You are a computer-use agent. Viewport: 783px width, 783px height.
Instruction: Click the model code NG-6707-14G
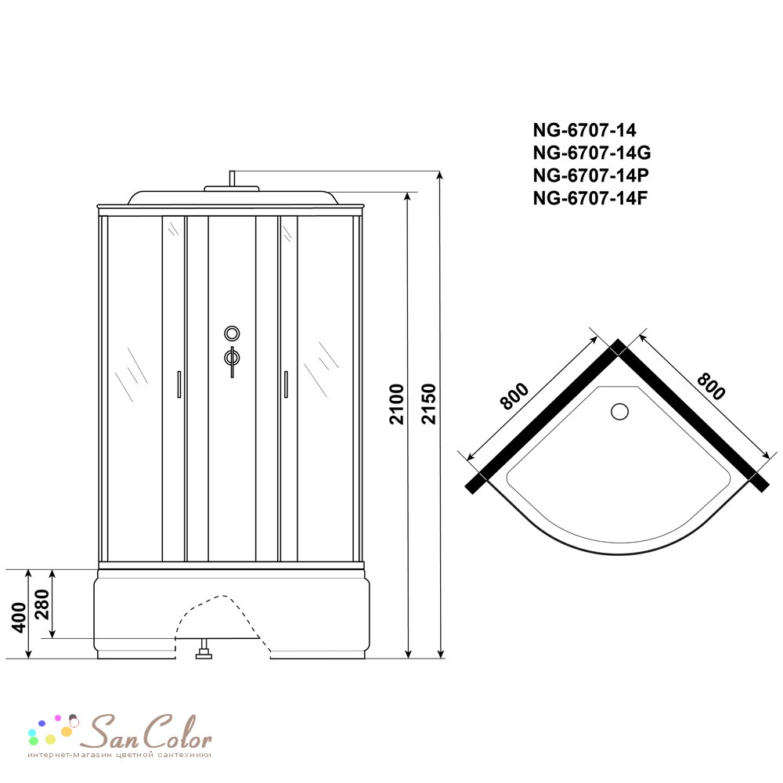(592, 153)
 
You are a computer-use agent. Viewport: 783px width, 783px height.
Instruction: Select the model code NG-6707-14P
(590, 175)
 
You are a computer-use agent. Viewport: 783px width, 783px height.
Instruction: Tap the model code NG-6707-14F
(590, 198)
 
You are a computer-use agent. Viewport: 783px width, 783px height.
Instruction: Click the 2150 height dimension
(428, 403)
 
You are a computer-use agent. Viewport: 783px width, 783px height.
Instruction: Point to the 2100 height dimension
(396, 405)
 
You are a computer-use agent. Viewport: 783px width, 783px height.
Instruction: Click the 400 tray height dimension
(19, 618)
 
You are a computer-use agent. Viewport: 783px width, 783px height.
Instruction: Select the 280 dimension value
(42, 604)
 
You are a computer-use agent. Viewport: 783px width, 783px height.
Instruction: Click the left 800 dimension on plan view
(514, 395)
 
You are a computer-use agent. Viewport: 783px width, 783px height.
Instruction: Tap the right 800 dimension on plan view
(710, 386)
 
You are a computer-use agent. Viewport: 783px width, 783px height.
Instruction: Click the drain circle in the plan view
(619, 412)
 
